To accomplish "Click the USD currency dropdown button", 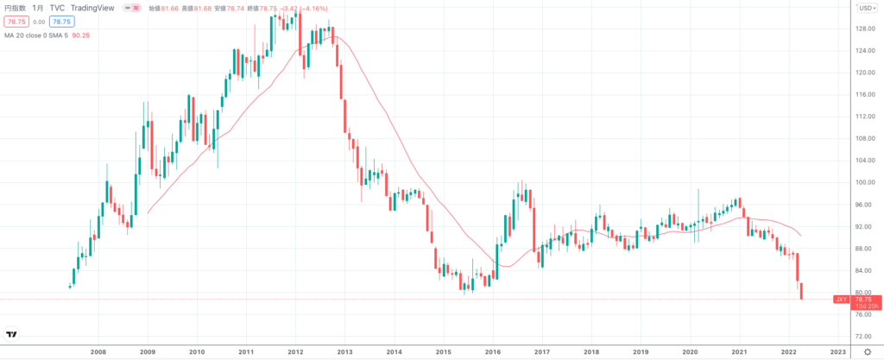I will coord(866,8).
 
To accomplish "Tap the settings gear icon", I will coord(867,352).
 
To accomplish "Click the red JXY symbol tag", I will coord(841,299).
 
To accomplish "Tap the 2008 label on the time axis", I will coord(98,352).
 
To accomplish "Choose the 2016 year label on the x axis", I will coord(493,352).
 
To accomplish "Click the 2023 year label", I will coord(837,352).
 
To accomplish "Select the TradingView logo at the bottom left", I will coord(12,334).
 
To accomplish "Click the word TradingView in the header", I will coord(93,8).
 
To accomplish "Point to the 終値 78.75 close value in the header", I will coord(260,8).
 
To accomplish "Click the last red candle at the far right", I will coord(801,291).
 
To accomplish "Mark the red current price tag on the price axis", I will coord(864,299).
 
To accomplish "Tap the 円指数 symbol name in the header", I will coord(16,8).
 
